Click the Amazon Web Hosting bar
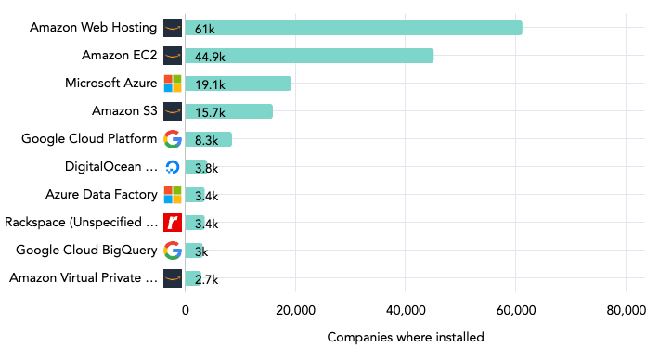[x=353, y=28]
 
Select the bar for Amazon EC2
[x=308, y=56]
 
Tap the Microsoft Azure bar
[x=238, y=84]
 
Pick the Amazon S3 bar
[x=228, y=111]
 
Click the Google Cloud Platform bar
[x=208, y=139]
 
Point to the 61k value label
[x=204, y=29]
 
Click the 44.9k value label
[x=210, y=57]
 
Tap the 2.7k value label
[x=205, y=278]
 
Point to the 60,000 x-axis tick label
[x=515, y=310]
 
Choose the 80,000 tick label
[x=625, y=310]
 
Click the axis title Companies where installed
[x=406, y=337]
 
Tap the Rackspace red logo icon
[x=173, y=223]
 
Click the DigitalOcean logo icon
[x=173, y=167]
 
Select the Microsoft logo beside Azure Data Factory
[x=173, y=195]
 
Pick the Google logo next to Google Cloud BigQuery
[x=173, y=250]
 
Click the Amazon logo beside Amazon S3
[x=173, y=111]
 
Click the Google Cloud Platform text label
[x=89, y=139]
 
